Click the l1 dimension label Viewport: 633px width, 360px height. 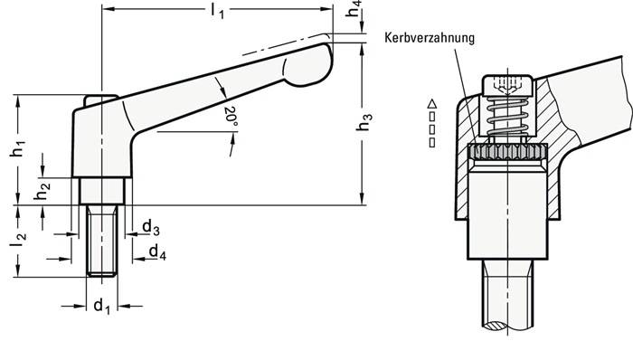tap(217, 12)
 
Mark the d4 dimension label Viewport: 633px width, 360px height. tap(156, 251)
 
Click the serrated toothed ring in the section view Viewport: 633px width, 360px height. tap(507, 154)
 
